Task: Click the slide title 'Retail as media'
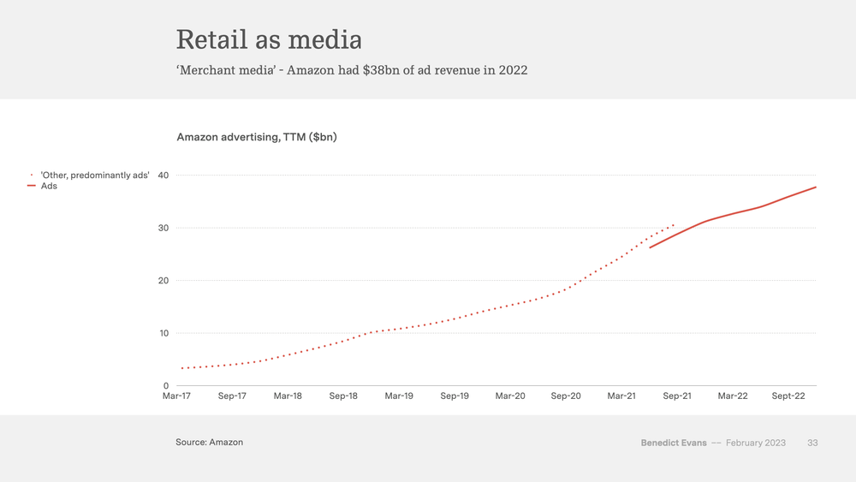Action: pyautogui.click(x=269, y=39)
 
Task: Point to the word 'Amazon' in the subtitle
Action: pyautogui.click(x=312, y=70)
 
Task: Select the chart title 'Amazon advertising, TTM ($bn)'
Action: pyautogui.click(x=256, y=137)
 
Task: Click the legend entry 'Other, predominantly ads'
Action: pyautogui.click(x=95, y=176)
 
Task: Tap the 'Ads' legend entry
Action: pyautogui.click(x=49, y=186)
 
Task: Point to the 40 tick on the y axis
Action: pyautogui.click(x=163, y=176)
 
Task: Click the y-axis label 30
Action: pyautogui.click(x=163, y=228)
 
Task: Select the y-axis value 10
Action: pyautogui.click(x=163, y=333)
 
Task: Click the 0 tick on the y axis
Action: pyautogui.click(x=166, y=386)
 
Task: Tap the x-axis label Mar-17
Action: pyautogui.click(x=177, y=396)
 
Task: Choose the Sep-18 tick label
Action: pyautogui.click(x=343, y=396)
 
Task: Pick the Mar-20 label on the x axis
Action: pyautogui.click(x=510, y=396)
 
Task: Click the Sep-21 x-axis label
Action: pyautogui.click(x=677, y=396)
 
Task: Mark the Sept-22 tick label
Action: pyautogui.click(x=788, y=396)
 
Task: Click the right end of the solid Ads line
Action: pyautogui.click(x=815, y=187)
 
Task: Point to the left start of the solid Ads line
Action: pyautogui.click(x=651, y=247)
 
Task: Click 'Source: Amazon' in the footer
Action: pyautogui.click(x=210, y=443)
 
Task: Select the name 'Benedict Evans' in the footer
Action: pyautogui.click(x=674, y=443)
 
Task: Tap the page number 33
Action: pyautogui.click(x=812, y=443)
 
